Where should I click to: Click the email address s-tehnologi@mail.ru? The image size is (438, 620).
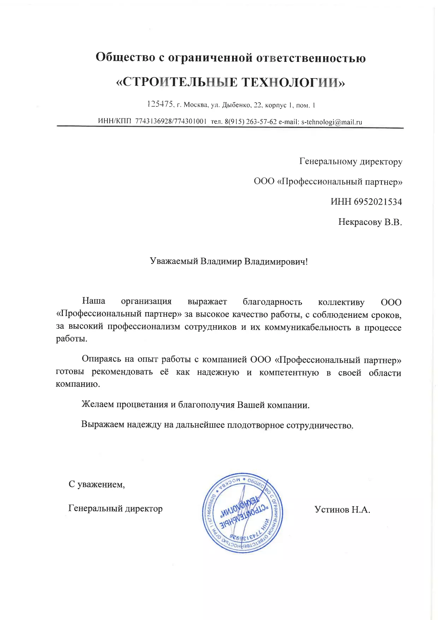(332, 122)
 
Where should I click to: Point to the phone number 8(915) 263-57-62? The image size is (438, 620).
(250, 122)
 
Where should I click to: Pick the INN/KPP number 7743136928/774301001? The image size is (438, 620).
(171, 121)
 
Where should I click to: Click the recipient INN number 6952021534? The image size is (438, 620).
(378, 202)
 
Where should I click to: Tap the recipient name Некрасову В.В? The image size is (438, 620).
(370, 222)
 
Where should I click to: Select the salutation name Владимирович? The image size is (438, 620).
(276, 262)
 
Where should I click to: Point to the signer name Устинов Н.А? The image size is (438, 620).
(342, 509)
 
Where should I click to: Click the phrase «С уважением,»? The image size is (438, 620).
(96, 484)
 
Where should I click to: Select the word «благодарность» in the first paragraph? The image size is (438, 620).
(272, 302)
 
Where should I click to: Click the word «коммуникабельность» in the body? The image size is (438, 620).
(308, 327)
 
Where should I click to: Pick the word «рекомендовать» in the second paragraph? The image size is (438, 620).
(122, 372)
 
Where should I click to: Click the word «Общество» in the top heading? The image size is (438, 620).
(125, 57)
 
